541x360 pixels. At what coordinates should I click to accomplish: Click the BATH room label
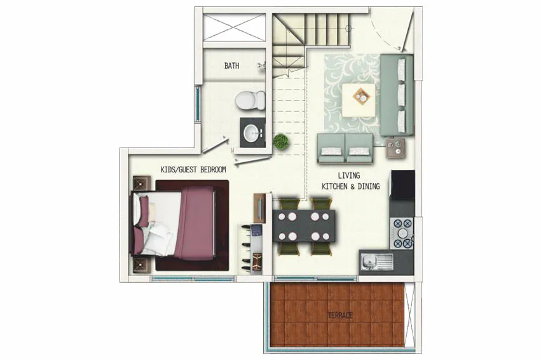click(x=231, y=66)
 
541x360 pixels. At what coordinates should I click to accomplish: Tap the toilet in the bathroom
click(x=250, y=100)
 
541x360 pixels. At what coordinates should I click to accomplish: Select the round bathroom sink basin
click(x=252, y=133)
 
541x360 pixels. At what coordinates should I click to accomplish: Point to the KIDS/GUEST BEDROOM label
click(x=193, y=169)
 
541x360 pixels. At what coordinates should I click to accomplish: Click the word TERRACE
click(x=340, y=315)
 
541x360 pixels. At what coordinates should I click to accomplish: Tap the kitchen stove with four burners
click(x=402, y=233)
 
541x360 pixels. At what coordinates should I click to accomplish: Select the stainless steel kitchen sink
click(x=377, y=262)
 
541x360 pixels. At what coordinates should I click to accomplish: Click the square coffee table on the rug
click(x=359, y=100)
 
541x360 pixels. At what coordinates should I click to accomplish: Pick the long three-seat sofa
click(x=397, y=95)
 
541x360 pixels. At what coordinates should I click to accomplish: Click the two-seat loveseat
click(x=345, y=148)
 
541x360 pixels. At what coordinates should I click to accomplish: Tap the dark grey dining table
click(x=304, y=226)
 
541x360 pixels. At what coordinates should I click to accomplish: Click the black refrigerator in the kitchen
click(x=402, y=184)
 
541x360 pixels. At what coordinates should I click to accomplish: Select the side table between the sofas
click(x=395, y=148)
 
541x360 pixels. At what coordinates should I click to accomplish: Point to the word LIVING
click(x=349, y=176)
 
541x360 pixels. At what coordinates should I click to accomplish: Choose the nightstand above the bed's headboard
click(x=142, y=183)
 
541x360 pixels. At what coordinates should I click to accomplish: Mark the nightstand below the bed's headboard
click(x=142, y=265)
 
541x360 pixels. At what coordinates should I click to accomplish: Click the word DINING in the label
click(x=369, y=186)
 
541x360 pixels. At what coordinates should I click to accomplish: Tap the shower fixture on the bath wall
click(x=262, y=66)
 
